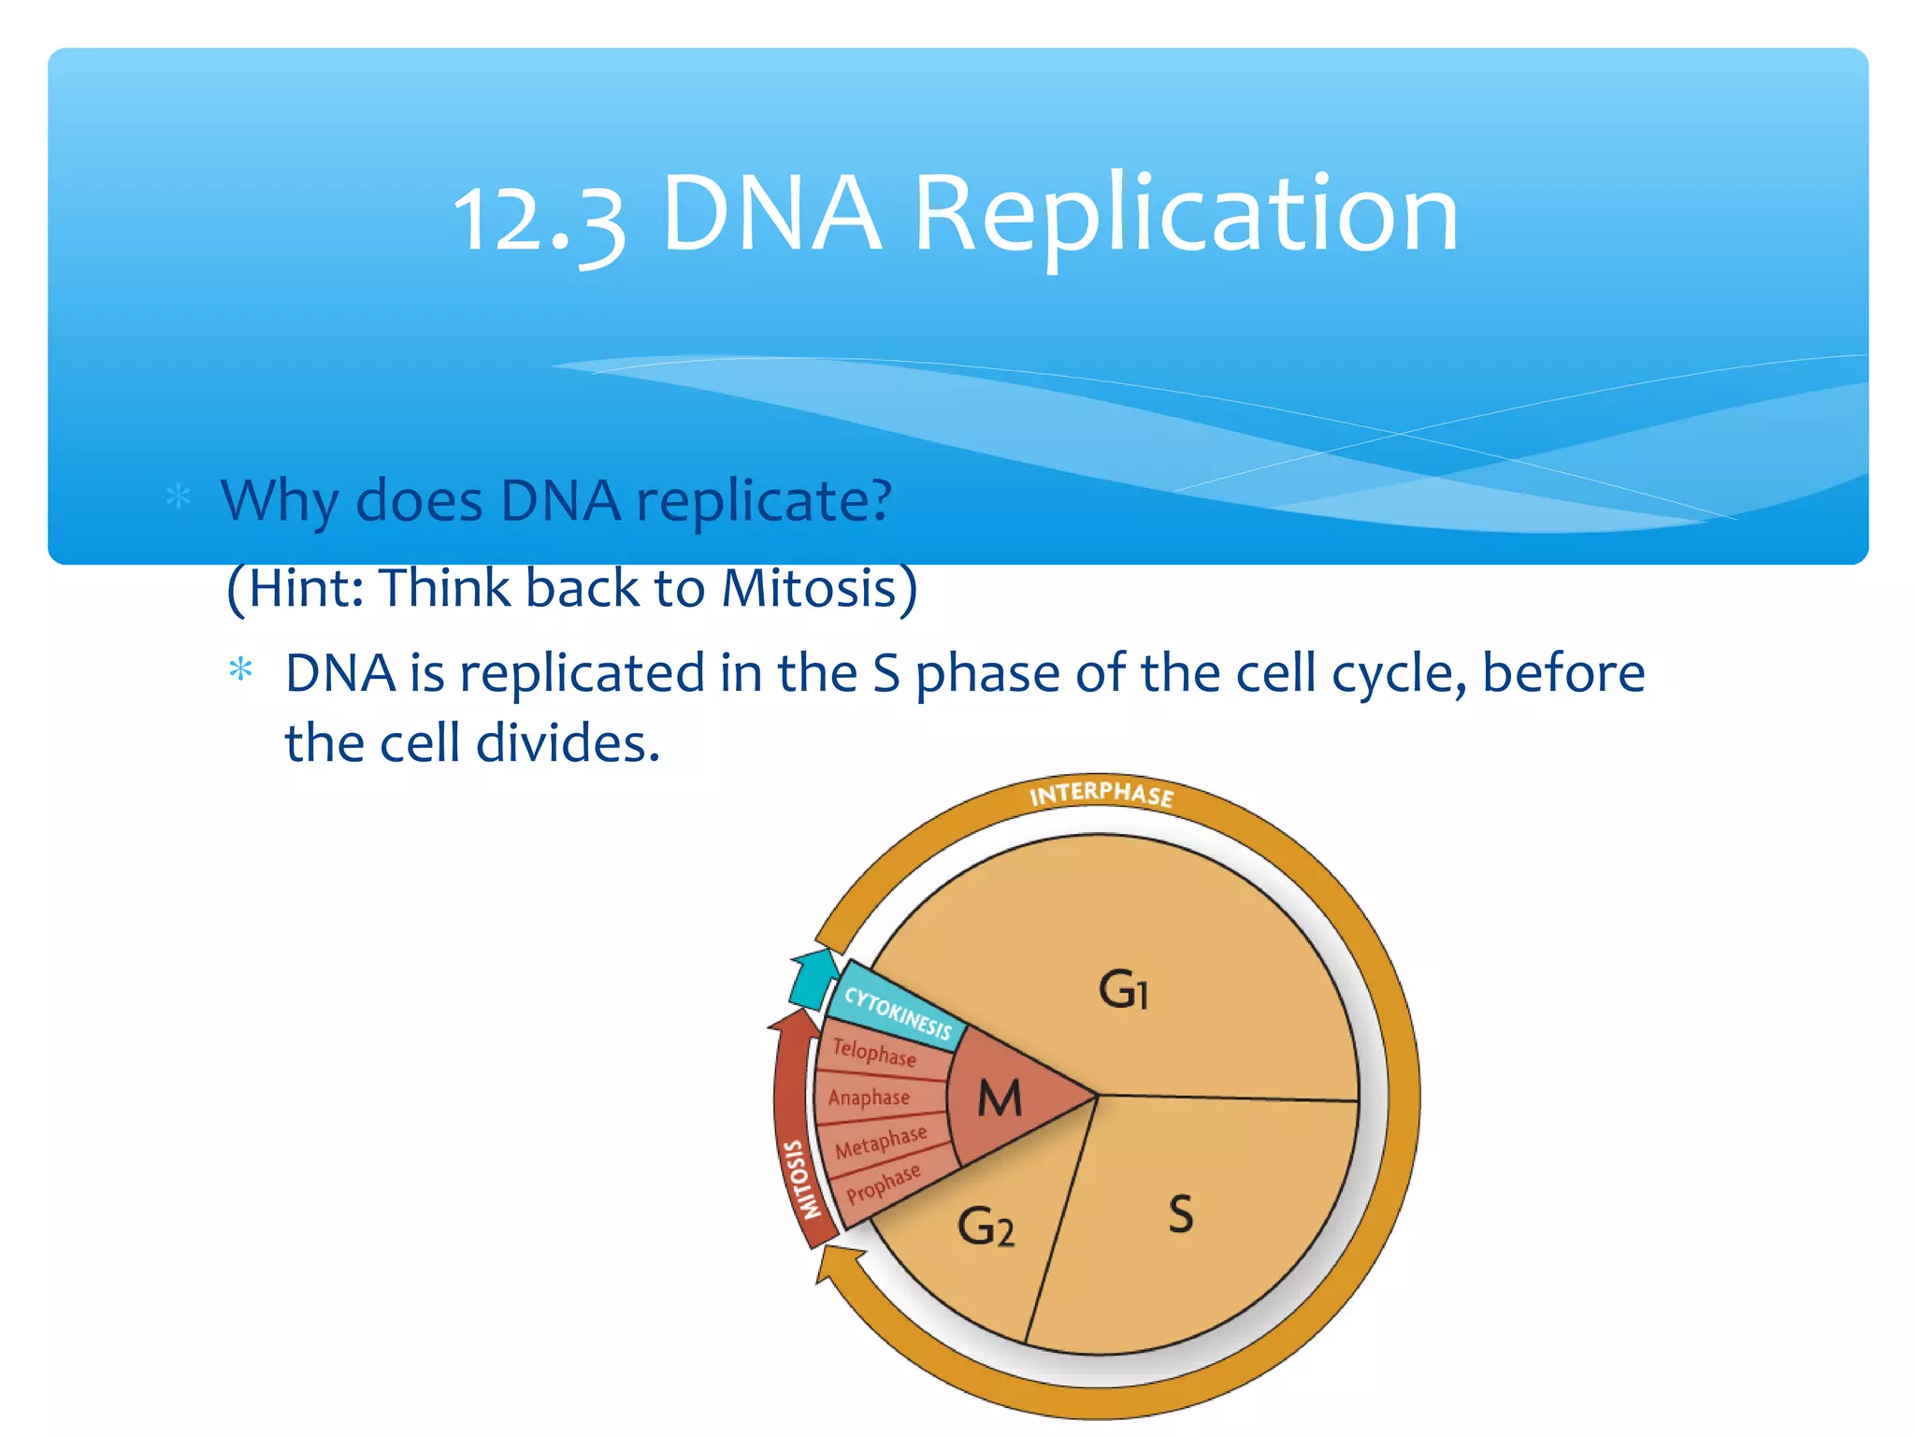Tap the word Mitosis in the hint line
pos(809,589)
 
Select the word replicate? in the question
pos(764,501)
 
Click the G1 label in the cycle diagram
pos(1123,990)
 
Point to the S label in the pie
pos(1181,1214)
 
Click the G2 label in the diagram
pos(986,1227)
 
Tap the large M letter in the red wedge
pos(1000,1099)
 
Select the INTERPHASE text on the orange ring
pos(1101,795)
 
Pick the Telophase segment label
pos(874,1053)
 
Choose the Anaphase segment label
pos(869,1098)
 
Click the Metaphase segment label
pos(881,1142)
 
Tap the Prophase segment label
pos(884,1184)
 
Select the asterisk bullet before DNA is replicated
pos(241,669)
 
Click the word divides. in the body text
pos(568,744)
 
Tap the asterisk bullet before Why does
pos(178,496)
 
